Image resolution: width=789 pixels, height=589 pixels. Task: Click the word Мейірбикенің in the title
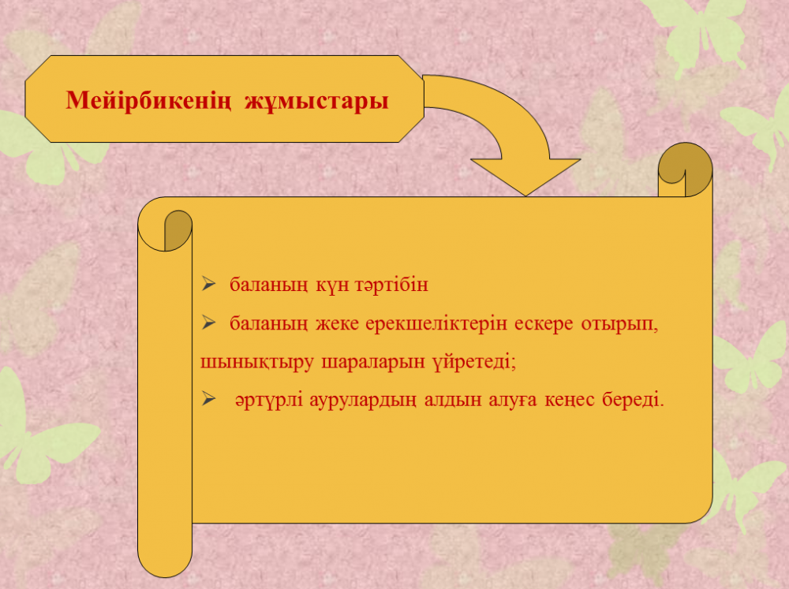tap(148, 100)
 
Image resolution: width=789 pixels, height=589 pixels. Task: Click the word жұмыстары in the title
tap(316, 100)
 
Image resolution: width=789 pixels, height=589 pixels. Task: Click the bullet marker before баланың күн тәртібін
tap(208, 284)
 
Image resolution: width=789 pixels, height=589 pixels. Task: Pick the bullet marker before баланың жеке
tap(208, 322)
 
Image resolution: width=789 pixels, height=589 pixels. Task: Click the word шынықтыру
tap(257, 363)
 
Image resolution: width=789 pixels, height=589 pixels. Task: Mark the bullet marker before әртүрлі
tap(208, 399)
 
